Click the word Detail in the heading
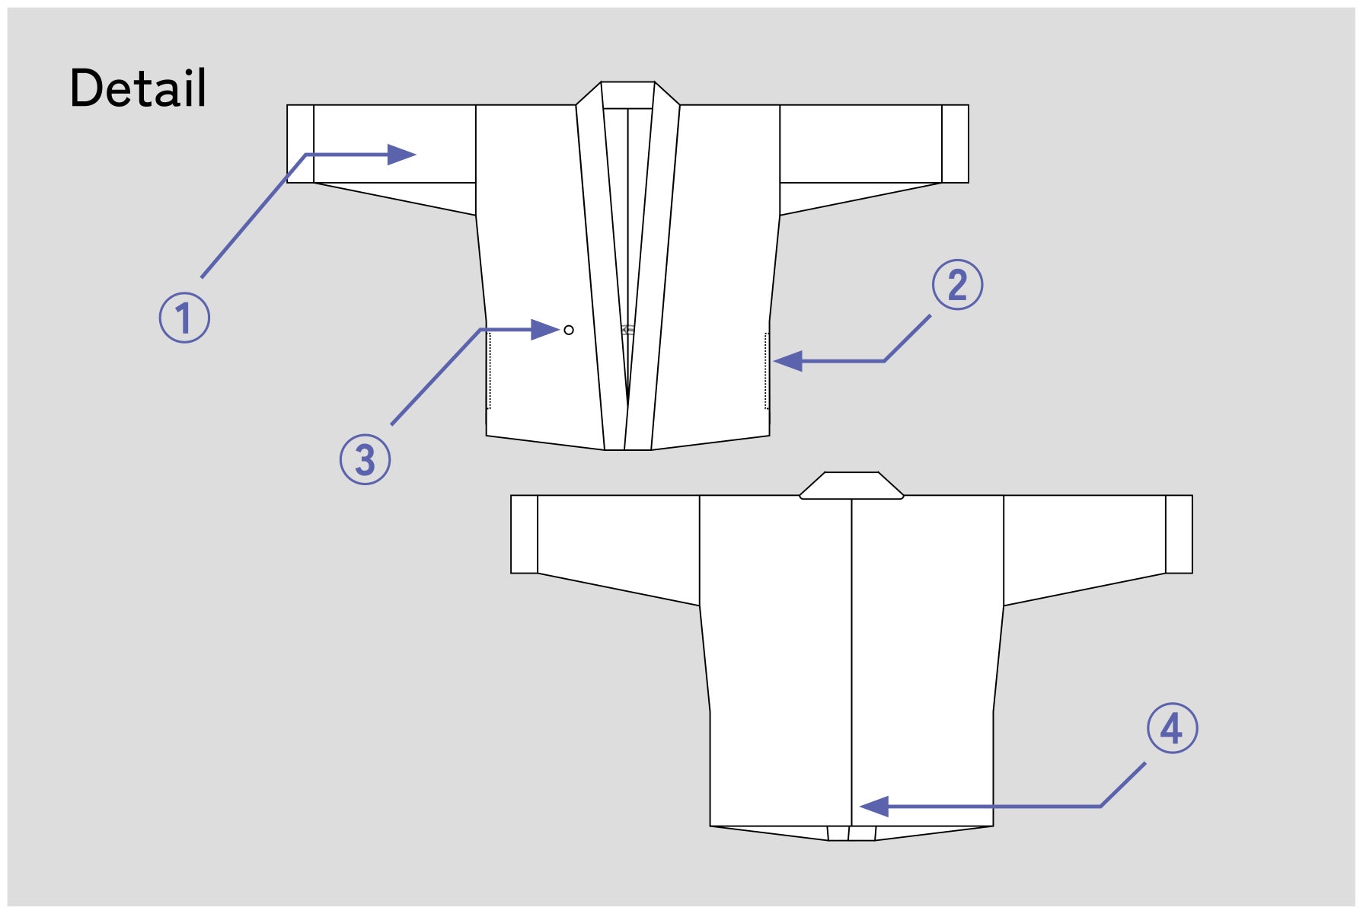pos(138,88)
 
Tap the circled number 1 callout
pos(184,318)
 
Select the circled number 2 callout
pos(958,285)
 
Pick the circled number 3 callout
pos(365,459)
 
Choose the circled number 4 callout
pos(1173,728)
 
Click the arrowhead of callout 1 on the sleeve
pos(401,155)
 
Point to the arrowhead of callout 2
pos(788,361)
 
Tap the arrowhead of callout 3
pos(545,330)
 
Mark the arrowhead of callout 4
pos(874,806)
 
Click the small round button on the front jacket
pos(569,330)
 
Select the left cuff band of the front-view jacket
pos(300,144)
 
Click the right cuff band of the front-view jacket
pos(956,144)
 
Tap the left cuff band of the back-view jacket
pos(524,534)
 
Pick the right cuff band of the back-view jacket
pos(1179,534)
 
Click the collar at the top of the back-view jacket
pos(851,486)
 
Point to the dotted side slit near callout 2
pos(767,371)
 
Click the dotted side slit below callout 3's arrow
pos(488,371)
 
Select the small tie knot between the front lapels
pos(627,330)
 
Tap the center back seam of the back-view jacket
pos(851,663)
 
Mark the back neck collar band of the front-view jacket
pos(627,95)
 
